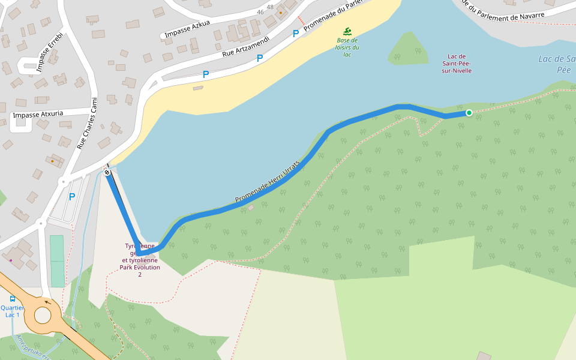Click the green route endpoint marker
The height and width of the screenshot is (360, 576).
pyautogui.click(x=469, y=112)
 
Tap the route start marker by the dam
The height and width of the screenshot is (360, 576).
pyautogui.click(x=107, y=173)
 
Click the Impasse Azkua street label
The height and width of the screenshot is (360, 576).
pyautogui.click(x=187, y=29)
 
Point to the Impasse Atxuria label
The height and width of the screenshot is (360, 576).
pyautogui.click(x=37, y=114)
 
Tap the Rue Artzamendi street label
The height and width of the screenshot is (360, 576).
pyautogui.click(x=245, y=45)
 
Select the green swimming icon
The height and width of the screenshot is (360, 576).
pyautogui.click(x=347, y=31)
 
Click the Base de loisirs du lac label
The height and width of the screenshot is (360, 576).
pyautogui.click(x=347, y=47)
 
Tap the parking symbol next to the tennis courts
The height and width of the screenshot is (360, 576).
pyautogui.click(x=72, y=196)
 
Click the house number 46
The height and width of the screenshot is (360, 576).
pyautogui.click(x=260, y=11)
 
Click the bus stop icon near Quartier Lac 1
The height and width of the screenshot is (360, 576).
pyautogui.click(x=13, y=299)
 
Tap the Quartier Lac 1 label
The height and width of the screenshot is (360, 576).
pyautogui.click(x=12, y=311)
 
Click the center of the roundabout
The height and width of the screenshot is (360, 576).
pyautogui.click(x=43, y=314)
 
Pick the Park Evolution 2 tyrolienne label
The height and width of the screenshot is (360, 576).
pyautogui.click(x=140, y=260)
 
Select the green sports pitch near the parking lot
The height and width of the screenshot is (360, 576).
pyautogui.click(x=56, y=260)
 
